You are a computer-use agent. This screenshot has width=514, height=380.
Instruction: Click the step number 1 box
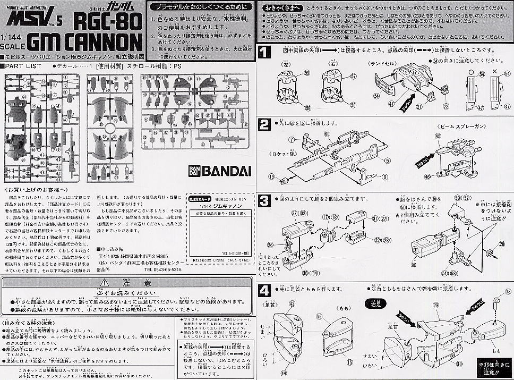point(264,52)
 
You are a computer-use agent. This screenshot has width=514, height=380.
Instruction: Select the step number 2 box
point(264,125)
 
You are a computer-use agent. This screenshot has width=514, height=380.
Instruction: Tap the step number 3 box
point(264,201)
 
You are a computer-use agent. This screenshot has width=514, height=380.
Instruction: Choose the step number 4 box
point(264,291)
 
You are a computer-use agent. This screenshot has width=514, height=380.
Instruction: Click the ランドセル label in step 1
point(383,63)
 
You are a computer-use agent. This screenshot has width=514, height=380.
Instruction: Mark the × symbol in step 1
point(495,71)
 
